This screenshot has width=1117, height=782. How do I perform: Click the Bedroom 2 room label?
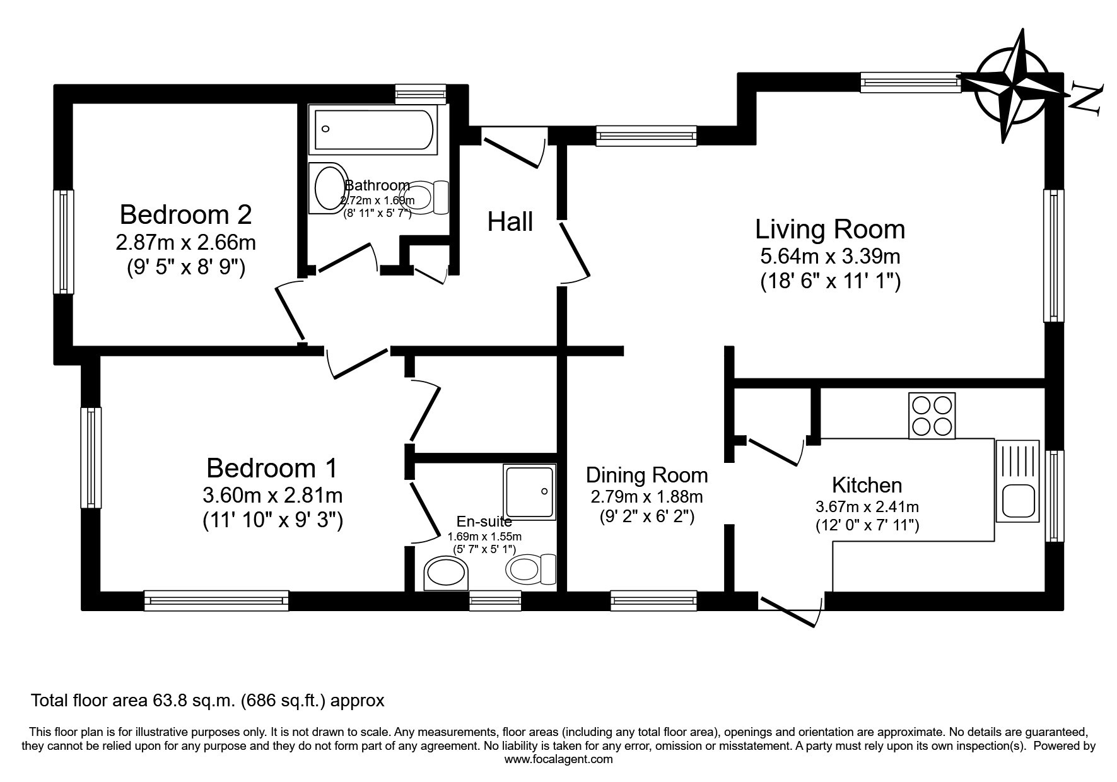(x=185, y=214)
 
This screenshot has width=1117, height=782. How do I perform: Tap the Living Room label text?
(x=830, y=229)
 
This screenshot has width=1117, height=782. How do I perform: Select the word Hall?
(x=510, y=222)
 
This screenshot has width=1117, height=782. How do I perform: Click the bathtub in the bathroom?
(x=373, y=130)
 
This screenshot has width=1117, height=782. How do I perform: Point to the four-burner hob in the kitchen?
(x=932, y=416)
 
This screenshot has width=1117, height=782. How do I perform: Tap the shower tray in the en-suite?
(x=530, y=492)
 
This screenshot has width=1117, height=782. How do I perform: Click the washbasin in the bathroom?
(x=329, y=188)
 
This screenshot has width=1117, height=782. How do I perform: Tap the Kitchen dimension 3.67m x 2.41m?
(x=867, y=506)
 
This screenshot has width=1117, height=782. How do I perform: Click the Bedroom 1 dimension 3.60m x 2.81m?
(x=272, y=496)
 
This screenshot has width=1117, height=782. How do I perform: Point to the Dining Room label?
(x=646, y=475)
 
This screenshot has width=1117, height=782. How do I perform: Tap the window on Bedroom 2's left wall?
(x=63, y=242)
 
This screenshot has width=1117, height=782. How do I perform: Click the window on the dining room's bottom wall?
(x=653, y=600)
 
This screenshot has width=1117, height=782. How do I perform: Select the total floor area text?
(x=208, y=700)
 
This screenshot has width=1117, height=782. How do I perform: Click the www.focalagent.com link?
(x=558, y=759)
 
